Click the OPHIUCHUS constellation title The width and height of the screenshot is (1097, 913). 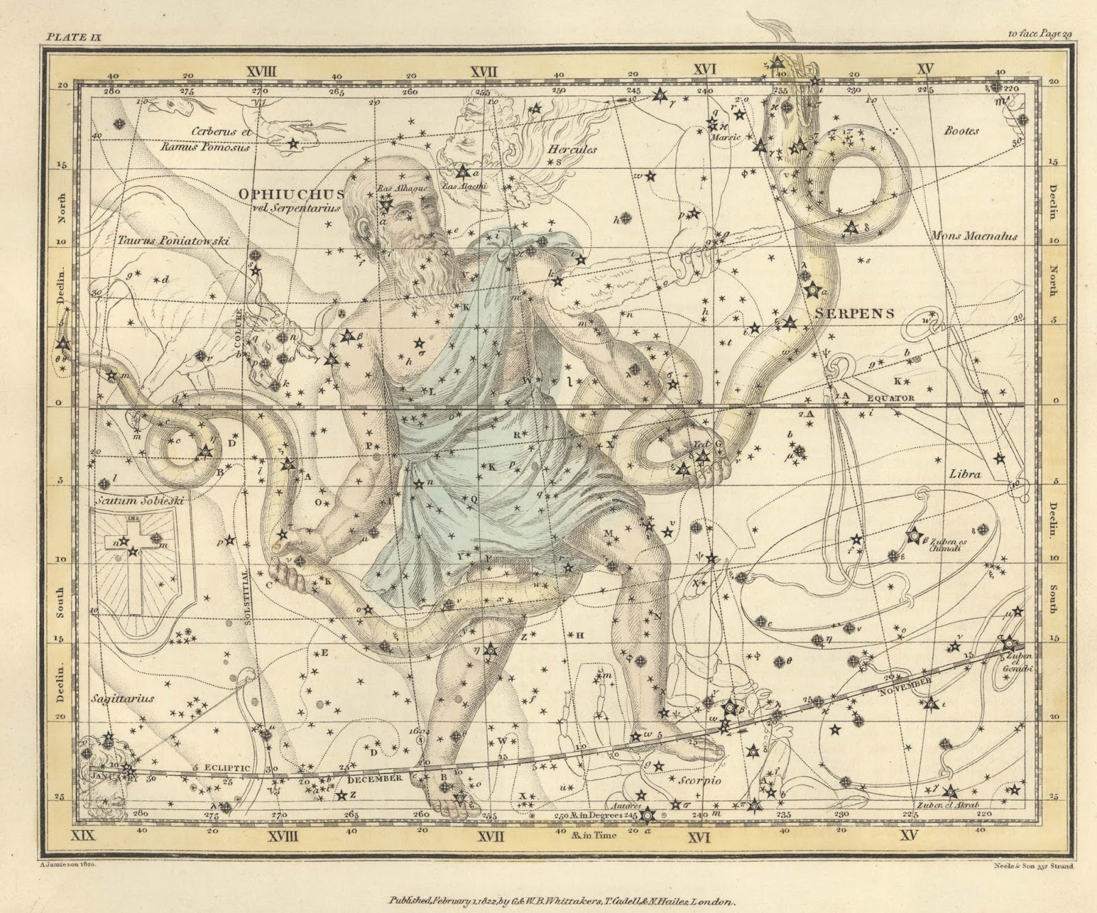(291, 195)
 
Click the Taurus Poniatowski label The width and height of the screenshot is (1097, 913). (173, 241)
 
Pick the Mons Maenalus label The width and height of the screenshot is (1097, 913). (974, 236)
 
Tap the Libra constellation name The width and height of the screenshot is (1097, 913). (965, 474)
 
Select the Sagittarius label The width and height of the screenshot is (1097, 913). (122, 698)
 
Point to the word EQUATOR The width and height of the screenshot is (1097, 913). (890, 398)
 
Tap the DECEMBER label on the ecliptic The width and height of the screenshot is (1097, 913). (373, 779)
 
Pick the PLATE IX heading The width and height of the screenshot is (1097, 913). (73, 38)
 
